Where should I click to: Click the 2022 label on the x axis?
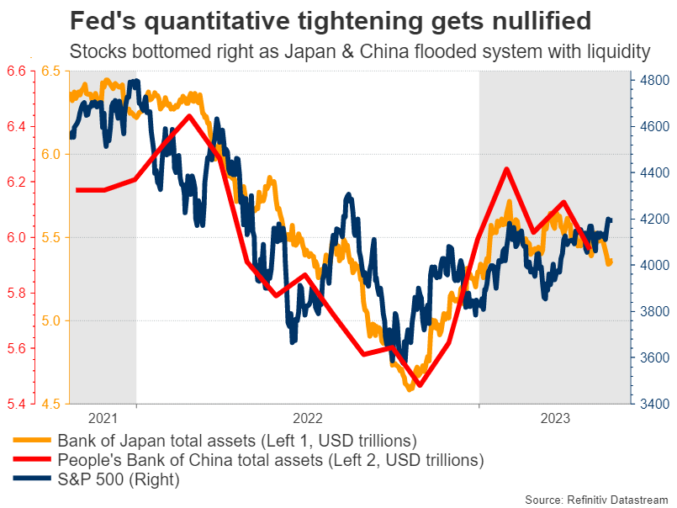(308, 418)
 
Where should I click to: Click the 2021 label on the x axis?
(103, 418)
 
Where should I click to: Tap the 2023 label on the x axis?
(555, 418)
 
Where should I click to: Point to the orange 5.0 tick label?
(50, 321)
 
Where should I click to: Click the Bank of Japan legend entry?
(236, 440)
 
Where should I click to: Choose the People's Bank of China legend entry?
(270, 460)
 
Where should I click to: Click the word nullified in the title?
(526, 19)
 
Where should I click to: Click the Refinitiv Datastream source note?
(599, 500)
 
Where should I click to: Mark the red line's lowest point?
(419, 385)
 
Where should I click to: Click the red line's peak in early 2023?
(507, 169)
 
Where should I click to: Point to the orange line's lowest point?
(410, 389)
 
